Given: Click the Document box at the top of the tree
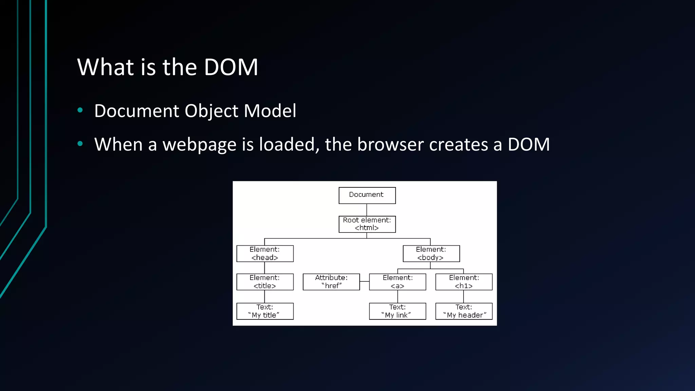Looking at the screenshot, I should pyautogui.click(x=367, y=195).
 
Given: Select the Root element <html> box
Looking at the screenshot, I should pyautogui.click(x=367, y=224).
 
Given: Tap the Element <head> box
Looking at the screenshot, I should pyautogui.click(x=265, y=254).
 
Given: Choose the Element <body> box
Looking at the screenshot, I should pyautogui.click(x=431, y=254).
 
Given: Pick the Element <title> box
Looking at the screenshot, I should pyautogui.click(x=265, y=282).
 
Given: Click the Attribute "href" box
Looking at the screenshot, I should pyautogui.click(x=331, y=282).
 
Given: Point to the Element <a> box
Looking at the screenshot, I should pyautogui.click(x=397, y=282).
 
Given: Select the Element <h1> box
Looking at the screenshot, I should pyautogui.click(x=464, y=282).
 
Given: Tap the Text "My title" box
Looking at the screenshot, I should pyautogui.click(x=265, y=311).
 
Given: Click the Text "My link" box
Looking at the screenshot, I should pyautogui.click(x=397, y=311).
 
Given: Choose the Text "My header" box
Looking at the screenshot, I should pyautogui.click(x=464, y=311).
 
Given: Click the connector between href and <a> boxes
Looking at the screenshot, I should pyautogui.click(x=364, y=281).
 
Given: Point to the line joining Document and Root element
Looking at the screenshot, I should pyautogui.click(x=367, y=210).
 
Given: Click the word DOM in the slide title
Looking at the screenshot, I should pyautogui.click(x=231, y=67).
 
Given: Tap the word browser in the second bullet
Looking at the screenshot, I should pyautogui.click(x=390, y=145).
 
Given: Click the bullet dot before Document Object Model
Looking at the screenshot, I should pyautogui.click(x=80, y=110).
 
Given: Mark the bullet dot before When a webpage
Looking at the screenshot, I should pyautogui.click(x=80, y=144).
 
